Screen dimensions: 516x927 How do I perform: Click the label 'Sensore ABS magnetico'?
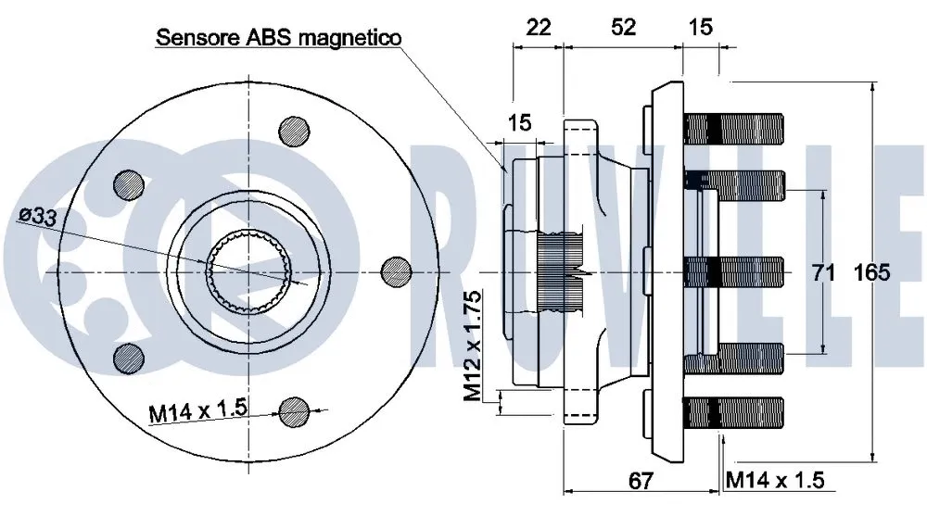click(x=278, y=38)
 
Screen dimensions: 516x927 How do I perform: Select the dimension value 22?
click(x=538, y=27)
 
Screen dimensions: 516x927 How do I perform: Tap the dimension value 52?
click(x=624, y=27)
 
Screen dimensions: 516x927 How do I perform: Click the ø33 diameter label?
click(x=36, y=216)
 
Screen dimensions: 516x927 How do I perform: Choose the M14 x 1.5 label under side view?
click(x=775, y=480)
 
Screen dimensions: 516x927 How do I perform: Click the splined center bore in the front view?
click(x=248, y=270)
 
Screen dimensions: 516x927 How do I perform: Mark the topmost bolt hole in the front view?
click(x=294, y=130)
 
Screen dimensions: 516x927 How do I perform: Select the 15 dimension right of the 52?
click(x=701, y=27)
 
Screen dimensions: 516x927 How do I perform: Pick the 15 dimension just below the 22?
click(x=519, y=121)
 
